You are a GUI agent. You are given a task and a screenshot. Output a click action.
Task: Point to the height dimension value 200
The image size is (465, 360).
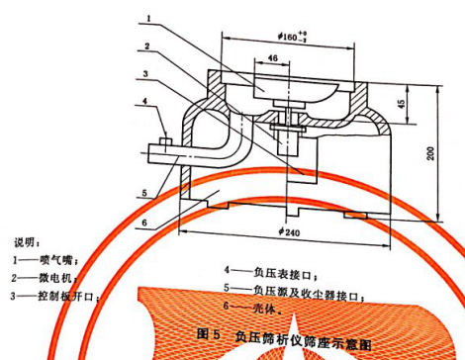tap(432, 152)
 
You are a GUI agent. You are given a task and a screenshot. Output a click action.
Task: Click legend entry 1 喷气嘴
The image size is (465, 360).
tap(45, 259)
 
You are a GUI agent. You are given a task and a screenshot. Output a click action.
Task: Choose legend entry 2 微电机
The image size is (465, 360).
tap(45, 277)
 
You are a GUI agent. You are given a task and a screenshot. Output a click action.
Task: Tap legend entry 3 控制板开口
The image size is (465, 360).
tap(55, 295)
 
